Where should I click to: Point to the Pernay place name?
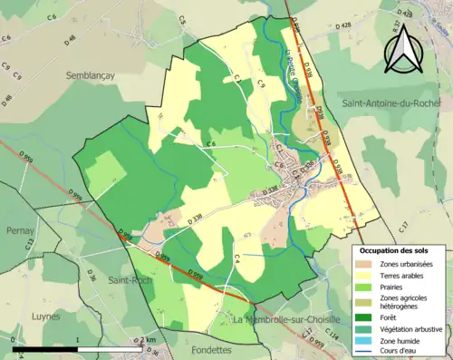(x=18, y=232)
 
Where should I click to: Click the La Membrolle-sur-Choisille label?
(x=285, y=320)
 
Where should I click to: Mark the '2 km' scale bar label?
(x=148, y=339)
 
